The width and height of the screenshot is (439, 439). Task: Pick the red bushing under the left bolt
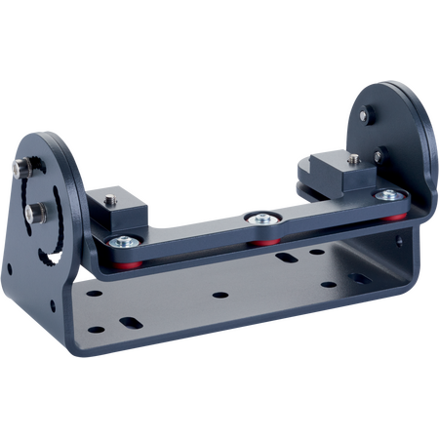click(126, 260)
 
